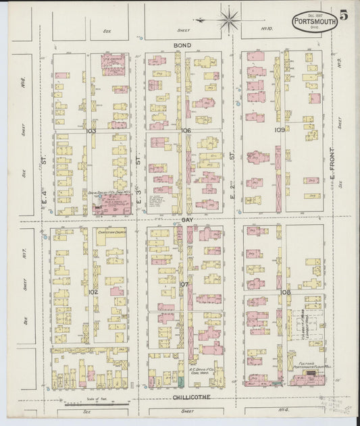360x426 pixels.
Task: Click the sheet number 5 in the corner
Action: (x=344, y=15)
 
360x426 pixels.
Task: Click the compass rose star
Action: (x=229, y=19)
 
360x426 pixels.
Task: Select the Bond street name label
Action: (x=182, y=45)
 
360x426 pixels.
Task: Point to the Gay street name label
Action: (x=186, y=221)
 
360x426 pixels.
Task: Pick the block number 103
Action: (x=91, y=130)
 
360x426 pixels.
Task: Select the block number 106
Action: (x=186, y=130)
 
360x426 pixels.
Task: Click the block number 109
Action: (x=279, y=129)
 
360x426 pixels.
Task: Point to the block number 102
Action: (x=93, y=292)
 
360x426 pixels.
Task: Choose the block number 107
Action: (x=184, y=284)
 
